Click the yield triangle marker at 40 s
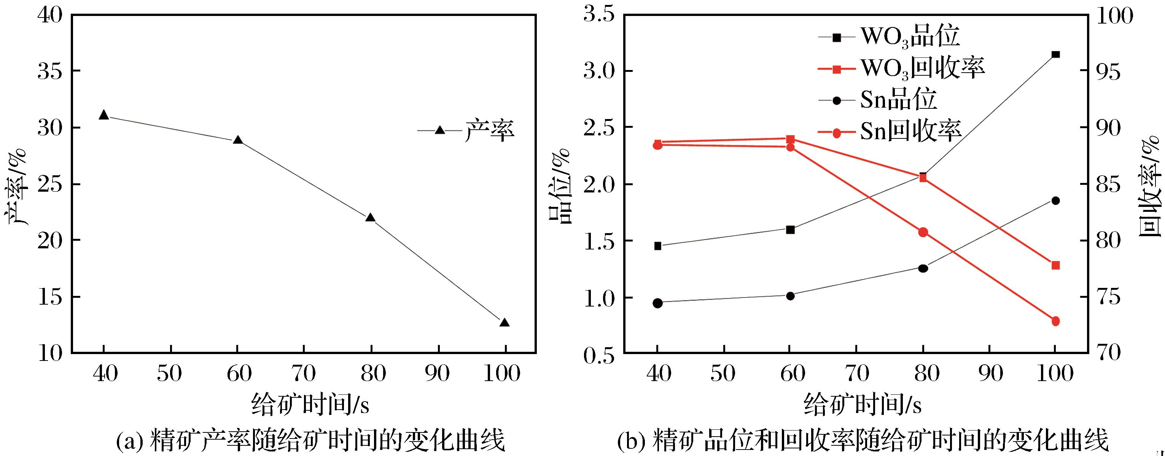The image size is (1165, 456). [x=103, y=115]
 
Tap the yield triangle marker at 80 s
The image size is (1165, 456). [x=371, y=218]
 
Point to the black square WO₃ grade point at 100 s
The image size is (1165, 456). [x=1055, y=55]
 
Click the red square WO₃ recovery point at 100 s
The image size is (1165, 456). [x=1055, y=265]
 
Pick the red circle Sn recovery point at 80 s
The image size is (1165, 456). [x=923, y=232]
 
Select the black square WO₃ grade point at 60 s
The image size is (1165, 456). [x=791, y=230]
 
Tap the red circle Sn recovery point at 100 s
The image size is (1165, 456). [x=1055, y=321]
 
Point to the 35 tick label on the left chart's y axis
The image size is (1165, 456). [x=50, y=71]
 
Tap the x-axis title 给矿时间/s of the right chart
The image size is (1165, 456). [x=863, y=404]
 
